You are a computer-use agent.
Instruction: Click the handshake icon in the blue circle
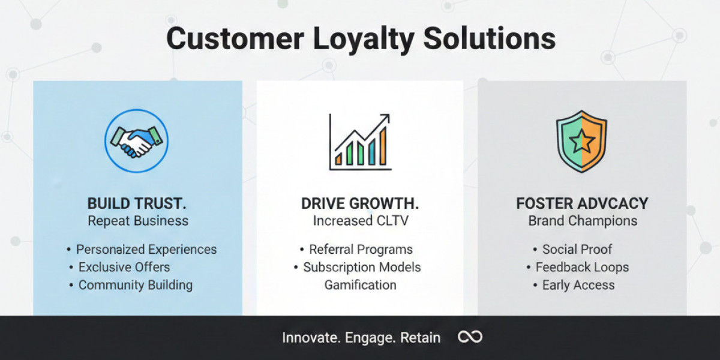click(x=136, y=141)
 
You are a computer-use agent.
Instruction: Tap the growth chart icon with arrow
click(x=359, y=142)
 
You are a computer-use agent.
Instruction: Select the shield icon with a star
click(x=581, y=142)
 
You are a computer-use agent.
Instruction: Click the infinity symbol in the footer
click(x=470, y=337)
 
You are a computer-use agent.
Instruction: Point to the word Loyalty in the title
click(x=363, y=39)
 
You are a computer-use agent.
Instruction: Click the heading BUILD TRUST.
click(x=137, y=203)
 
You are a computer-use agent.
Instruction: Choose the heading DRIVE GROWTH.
click(x=360, y=203)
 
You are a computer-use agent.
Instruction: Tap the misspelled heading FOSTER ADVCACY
click(x=582, y=203)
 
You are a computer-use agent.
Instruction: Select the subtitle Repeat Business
click(x=138, y=221)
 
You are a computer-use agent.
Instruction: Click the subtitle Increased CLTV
click(x=361, y=221)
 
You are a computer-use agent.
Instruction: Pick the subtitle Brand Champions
click(x=583, y=221)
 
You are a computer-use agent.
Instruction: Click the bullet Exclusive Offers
click(x=124, y=267)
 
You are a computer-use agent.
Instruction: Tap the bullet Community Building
click(x=136, y=285)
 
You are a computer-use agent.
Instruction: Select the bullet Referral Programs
click(x=361, y=250)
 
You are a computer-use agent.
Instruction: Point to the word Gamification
click(x=361, y=285)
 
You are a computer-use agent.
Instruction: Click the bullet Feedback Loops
click(x=582, y=267)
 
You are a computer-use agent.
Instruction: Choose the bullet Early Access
click(x=578, y=285)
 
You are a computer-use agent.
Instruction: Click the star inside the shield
click(x=582, y=142)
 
